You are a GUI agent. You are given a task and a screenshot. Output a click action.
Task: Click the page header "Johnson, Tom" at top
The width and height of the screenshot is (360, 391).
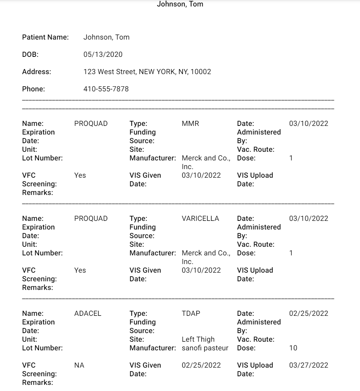click(180, 4)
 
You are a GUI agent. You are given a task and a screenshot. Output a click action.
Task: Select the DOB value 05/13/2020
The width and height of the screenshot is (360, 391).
click(103, 55)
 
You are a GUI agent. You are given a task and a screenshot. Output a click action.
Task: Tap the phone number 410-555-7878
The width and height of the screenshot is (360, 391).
click(106, 89)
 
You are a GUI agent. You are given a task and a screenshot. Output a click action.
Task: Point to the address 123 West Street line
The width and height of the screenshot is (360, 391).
click(147, 72)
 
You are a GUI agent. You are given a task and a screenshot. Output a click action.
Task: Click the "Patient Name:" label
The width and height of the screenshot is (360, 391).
click(45, 37)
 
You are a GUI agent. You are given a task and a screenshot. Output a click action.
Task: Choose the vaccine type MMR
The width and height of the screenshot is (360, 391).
click(190, 124)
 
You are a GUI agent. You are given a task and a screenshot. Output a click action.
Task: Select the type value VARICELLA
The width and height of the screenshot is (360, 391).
click(200, 219)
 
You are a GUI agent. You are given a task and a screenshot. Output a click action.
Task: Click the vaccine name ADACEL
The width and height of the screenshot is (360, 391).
click(88, 314)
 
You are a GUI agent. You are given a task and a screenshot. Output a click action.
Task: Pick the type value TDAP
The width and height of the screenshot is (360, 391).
click(191, 314)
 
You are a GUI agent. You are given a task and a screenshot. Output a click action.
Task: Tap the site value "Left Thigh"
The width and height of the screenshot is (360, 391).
click(198, 340)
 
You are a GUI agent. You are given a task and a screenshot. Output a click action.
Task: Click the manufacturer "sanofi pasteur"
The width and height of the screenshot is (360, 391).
click(205, 348)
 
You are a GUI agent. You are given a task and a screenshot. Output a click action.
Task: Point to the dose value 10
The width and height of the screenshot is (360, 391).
click(293, 348)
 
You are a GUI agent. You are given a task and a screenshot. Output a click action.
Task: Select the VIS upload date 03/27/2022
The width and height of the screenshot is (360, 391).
click(309, 365)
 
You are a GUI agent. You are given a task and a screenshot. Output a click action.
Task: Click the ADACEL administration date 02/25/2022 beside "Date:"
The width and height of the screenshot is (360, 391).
click(309, 314)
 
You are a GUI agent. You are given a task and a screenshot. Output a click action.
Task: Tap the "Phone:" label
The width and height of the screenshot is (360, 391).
click(33, 89)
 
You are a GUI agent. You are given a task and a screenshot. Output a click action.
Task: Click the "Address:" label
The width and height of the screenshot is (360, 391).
click(37, 72)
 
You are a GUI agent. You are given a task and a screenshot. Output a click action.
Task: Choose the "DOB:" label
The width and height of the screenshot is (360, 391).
click(30, 55)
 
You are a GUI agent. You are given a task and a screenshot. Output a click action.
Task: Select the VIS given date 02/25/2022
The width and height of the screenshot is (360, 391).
click(201, 365)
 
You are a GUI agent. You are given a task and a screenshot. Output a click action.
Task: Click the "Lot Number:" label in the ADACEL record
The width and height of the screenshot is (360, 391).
click(42, 348)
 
